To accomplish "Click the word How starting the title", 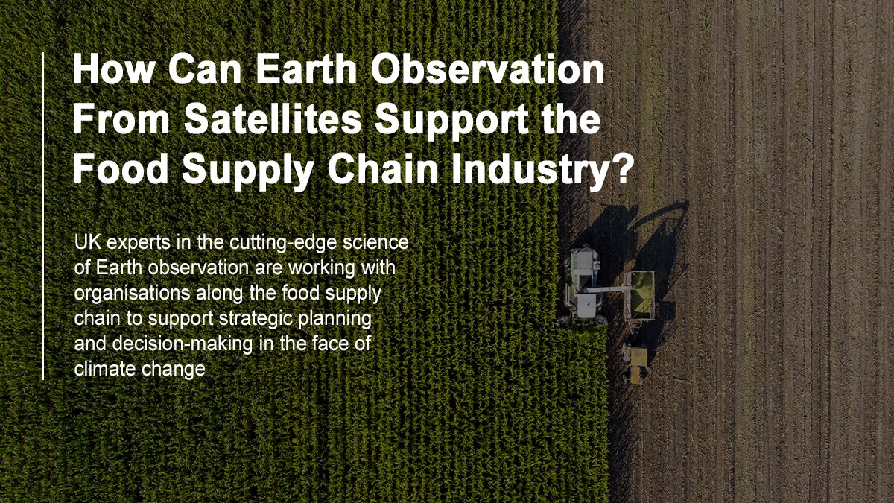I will click(113, 72).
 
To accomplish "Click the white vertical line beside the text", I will click(44, 216).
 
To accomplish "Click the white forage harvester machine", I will click(583, 287).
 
